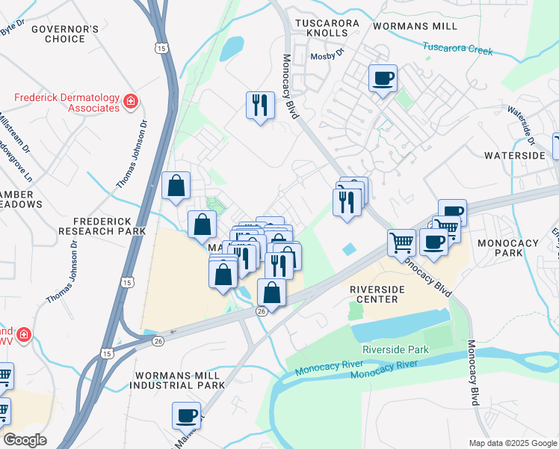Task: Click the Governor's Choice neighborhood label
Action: coord(65,34)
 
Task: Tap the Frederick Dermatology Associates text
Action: coord(67,103)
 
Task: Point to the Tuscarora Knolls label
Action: coord(327,24)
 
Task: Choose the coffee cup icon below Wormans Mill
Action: coord(383,79)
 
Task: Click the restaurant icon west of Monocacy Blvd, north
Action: coord(258,105)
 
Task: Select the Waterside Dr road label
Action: coord(522,123)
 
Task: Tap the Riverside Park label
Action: coord(395,349)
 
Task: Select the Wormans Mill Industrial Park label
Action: coord(176,379)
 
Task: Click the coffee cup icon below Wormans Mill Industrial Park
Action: coord(186,415)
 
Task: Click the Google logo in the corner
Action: coord(25,440)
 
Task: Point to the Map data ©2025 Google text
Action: coord(513,443)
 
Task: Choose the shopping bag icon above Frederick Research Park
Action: coord(176,186)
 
